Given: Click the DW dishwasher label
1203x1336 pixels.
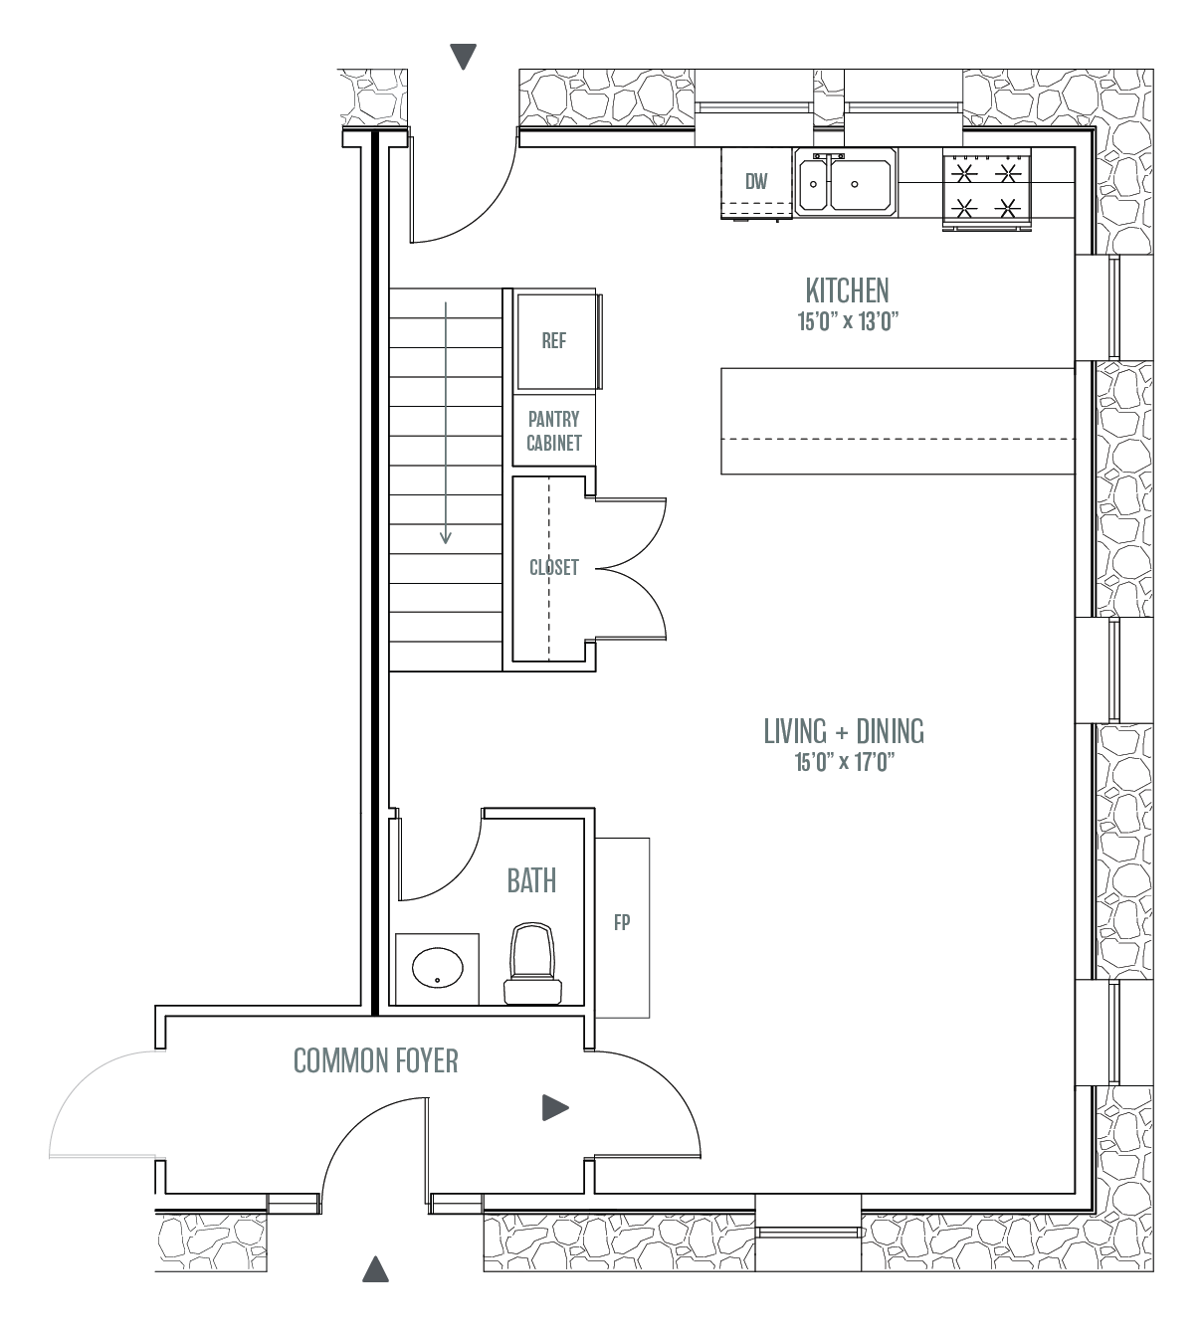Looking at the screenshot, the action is [x=756, y=181].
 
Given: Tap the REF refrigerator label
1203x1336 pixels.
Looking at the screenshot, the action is [x=554, y=341].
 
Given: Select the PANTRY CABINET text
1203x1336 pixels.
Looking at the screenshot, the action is [x=554, y=431].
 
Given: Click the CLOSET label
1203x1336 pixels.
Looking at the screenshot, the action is [x=554, y=567].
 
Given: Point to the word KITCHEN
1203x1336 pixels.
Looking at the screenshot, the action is [x=847, y=290].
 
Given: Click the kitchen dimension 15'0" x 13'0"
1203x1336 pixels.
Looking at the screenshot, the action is [x=848, y=321].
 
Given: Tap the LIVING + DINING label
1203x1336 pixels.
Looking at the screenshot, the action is [x=844, y=731].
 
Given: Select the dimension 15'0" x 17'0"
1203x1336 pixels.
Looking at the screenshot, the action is [x=844, y=762].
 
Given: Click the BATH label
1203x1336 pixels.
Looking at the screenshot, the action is [x=531, y=881].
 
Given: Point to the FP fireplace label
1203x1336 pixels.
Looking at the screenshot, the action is [x=622, y=922].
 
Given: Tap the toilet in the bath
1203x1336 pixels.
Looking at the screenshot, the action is [x=532, y=963].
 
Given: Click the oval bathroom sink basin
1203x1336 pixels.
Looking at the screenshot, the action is [x=437, y=968].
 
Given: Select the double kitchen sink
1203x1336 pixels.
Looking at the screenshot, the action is [x=846, y=182].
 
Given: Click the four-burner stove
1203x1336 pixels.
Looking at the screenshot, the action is [x=986, y=190].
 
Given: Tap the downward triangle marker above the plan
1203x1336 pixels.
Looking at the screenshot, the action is [x=464, y=57].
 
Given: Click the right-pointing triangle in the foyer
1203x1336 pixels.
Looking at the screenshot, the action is [x=555, y=1107].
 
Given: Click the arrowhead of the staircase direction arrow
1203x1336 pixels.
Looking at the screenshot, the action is [x=445, y=537].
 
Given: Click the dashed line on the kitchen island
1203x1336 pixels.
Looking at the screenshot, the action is [x=898, y=439].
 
